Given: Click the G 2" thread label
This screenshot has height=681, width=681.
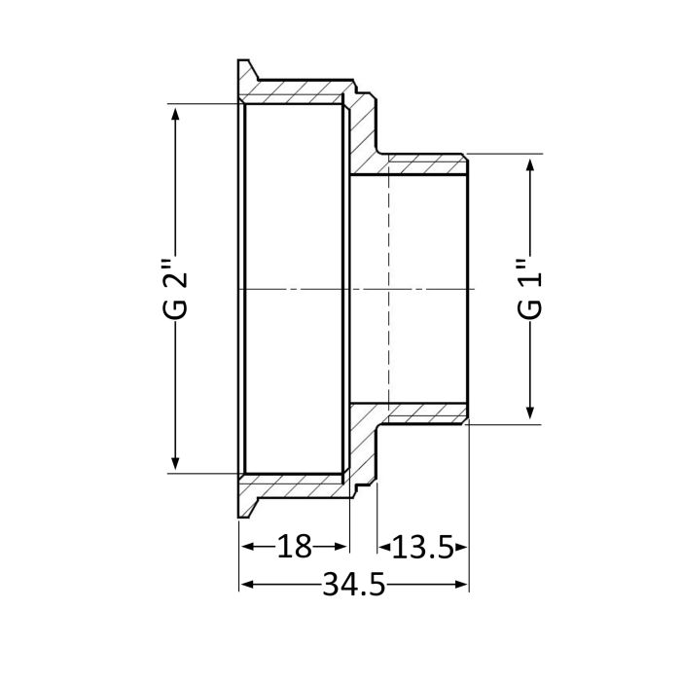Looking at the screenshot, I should pyautogui.click(x=175, y=290).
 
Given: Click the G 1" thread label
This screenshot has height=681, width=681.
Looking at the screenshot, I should pyautogui.click(x=530, y=290).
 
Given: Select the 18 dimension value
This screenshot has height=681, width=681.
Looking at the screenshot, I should pyautogui.click(x=294, y=547).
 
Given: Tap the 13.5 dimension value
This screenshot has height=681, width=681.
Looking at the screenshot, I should pyautogui.click(x=423, y=547).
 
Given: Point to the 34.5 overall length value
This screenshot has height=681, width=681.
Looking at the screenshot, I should pyautogui.click(x=354, y=585).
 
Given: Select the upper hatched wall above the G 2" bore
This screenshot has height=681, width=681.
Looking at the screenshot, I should pyautogui.click(x=292, y=93).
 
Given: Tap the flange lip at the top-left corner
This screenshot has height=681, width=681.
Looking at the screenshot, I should pyautogui.click(x=246, y=72).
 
